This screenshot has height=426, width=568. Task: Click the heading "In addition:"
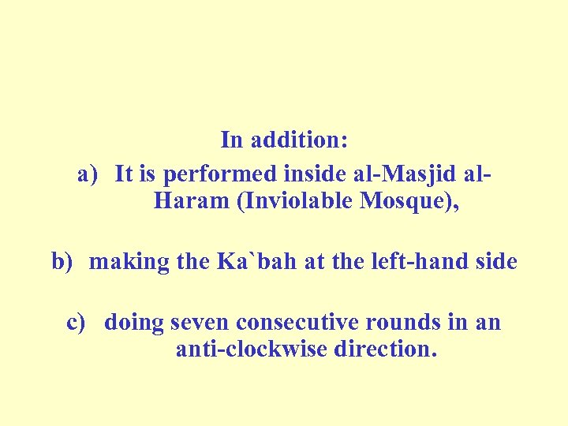284,140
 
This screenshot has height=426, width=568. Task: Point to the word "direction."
385,348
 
